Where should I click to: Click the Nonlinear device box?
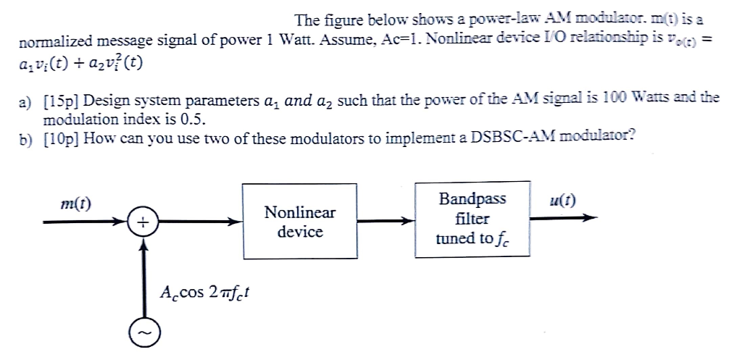(299, 222)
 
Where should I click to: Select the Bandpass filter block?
(472, 219)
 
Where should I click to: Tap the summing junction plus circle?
(143, 222)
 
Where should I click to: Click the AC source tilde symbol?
(143, 332)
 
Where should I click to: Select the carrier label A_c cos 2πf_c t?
(205, 293)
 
